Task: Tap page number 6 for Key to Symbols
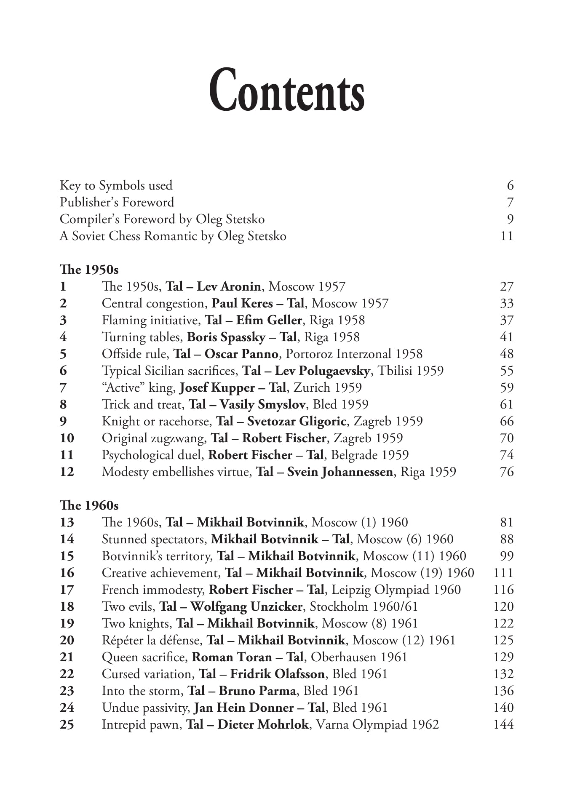pyautogui.click(x=510, y=185)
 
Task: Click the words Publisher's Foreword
pyautogui.click(x=117, y=202)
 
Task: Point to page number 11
pyautogui.click(x=507, y=236)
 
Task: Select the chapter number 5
pyautogui.click(x=63, y=354)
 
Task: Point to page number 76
pyautogui.click(x=507, y=472)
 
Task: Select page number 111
pyautogui.click(x=503, y=573)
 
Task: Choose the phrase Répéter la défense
pyautogui.click(x=152, y=640)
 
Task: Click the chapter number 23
pyautogui.click(x=67, y=691)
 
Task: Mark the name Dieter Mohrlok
pyautogui.click(x=263, y=724)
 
